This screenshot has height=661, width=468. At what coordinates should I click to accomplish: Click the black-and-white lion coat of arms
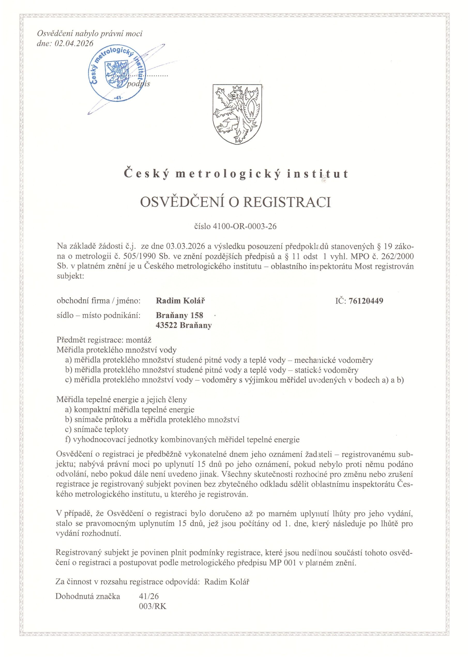238,115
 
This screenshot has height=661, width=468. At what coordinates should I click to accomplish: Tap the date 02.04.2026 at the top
73,43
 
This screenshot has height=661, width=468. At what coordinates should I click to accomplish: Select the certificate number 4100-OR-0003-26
244,226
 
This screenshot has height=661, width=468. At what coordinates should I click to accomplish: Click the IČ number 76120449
366,301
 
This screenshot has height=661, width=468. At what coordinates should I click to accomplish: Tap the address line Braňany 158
179,316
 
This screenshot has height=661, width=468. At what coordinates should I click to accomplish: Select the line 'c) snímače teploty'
97,430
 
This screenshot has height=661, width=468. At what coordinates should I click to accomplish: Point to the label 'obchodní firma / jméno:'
99,301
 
